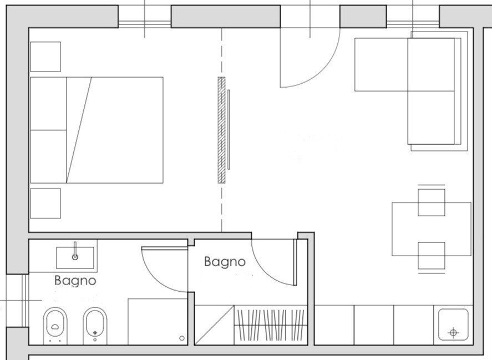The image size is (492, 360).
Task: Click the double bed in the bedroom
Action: click(x=97, y=130)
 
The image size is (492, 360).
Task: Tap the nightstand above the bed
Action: click(x=45, y=57)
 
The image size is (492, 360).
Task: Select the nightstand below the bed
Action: click(x=45, y=203)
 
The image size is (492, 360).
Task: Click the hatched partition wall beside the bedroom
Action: click(x=222, y=130)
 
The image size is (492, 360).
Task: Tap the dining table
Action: click(x=431, y=229)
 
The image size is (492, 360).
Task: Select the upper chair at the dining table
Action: click(x=431, y=201)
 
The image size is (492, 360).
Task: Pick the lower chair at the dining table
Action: click(x=431, y=256)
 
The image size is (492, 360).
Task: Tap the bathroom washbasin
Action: click(x=75, y=257)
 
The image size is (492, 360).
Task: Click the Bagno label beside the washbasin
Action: click(x=75, y=281)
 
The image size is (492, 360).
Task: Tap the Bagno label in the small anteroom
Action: click(x=224, y=261)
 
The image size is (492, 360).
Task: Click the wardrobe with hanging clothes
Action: click(x=271, y=324)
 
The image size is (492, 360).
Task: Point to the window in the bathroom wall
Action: click(x=16, y=300)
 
